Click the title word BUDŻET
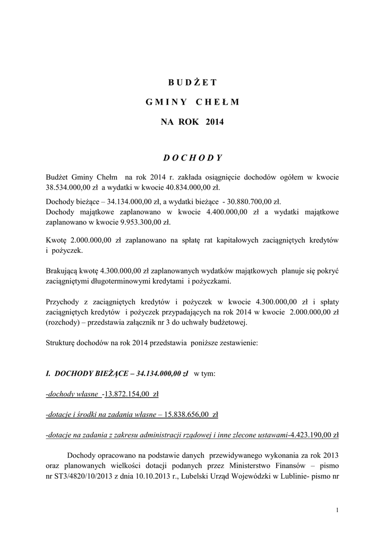point(193,82)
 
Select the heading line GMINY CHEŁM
point(193,102)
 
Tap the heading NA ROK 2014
point(192,122)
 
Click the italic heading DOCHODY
point(192,158)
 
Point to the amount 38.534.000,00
point(70,187)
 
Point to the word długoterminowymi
point(119,280)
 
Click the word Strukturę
point(62,343)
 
